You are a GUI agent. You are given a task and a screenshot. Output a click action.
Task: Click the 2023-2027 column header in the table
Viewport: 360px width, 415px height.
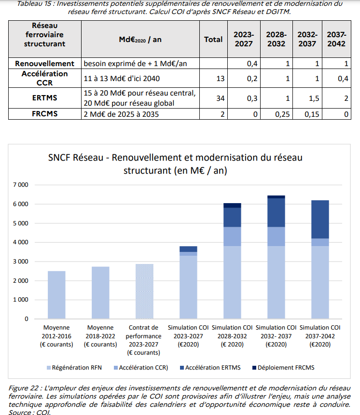pyautogui.click(x=245, y=39)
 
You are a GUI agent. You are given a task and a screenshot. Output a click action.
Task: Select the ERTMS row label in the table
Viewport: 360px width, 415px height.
pyautogui.click(x=44, y=98)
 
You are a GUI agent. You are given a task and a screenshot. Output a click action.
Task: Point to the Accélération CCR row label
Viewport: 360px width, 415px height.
pyautogui.click(x=44, y=78)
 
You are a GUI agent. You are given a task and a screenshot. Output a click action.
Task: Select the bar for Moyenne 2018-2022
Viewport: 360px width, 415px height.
pyautogui.click(x=100, y=292)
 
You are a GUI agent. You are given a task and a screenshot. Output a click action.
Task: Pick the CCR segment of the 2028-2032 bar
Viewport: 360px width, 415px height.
pyautogui.click(x=232, y=236)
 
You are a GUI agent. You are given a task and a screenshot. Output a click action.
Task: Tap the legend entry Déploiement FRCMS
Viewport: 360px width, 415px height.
pyautogui.click(x=284, y=368)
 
